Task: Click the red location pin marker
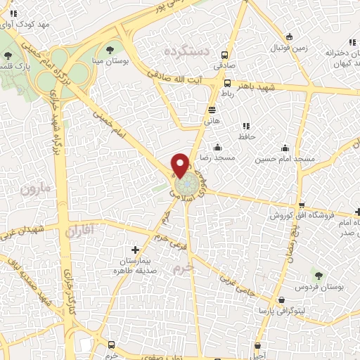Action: (180, 164)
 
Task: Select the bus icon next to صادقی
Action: (224, 56)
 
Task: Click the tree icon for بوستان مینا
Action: (110, 49)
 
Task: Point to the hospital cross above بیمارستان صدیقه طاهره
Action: (136, 250)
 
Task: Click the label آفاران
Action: (79, 229)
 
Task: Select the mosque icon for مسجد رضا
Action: (217, 148)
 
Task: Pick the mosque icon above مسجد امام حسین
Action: (285, 148)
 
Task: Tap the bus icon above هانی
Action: (212, 109)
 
